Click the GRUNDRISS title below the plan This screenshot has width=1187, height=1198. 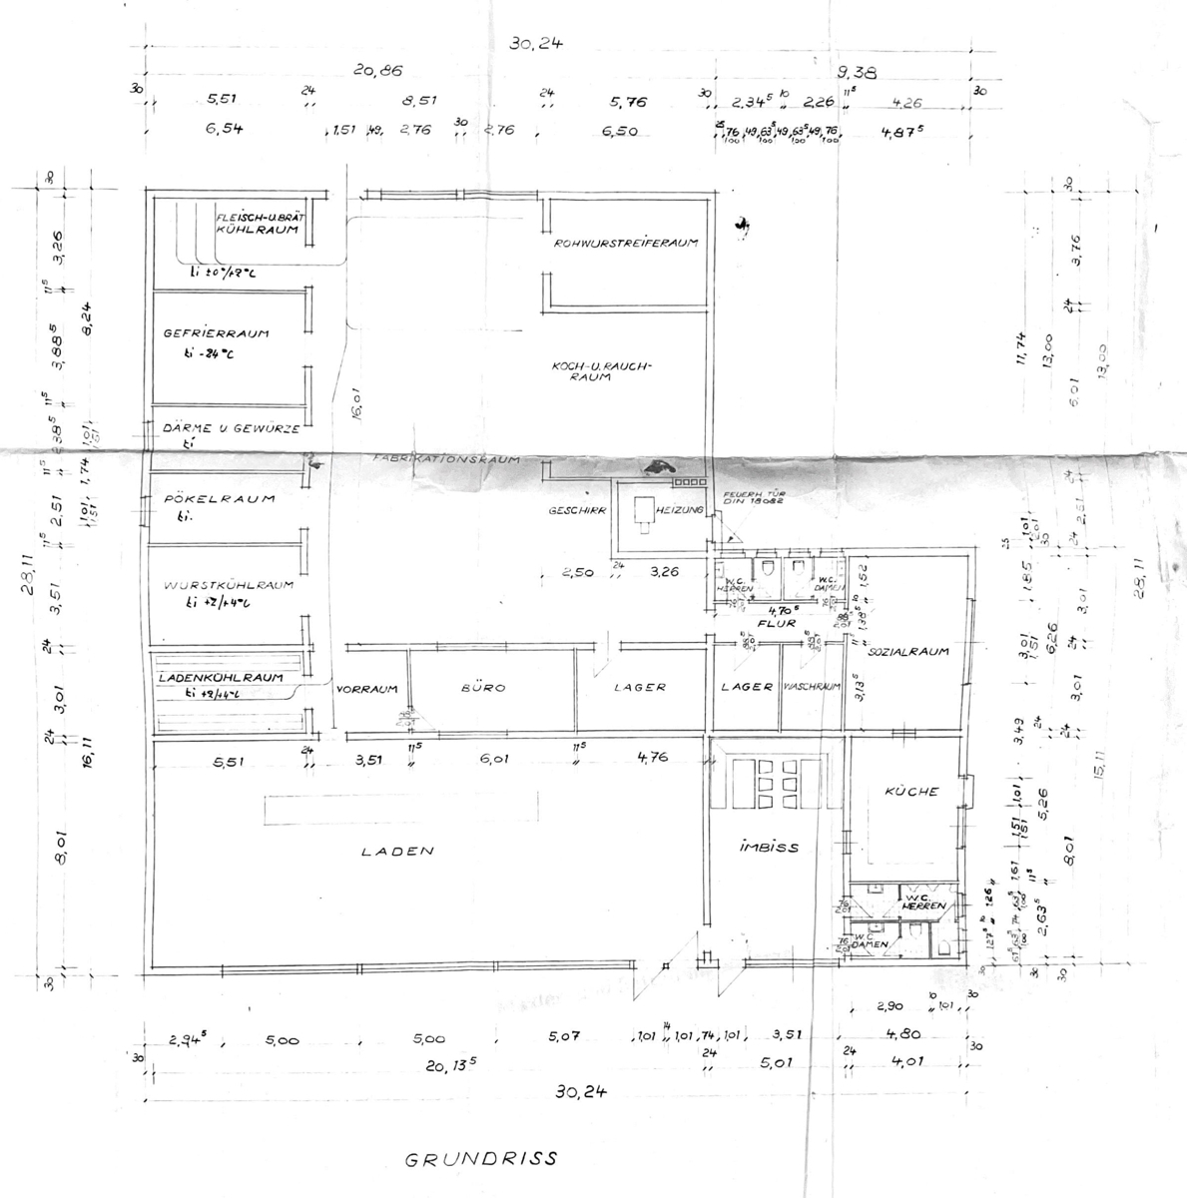coord(480,1160)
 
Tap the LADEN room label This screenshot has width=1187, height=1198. coord(398,852)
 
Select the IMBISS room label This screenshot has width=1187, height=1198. coord(768,847)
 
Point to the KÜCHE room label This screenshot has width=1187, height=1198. coord(911,792)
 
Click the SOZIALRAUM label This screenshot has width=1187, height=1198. coord(907,652)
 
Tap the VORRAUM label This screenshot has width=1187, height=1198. coord(367,689)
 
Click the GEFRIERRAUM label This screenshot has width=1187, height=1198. coord(217,333)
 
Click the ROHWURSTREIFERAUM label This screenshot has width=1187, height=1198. coord(625,243)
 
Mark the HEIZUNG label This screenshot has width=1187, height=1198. coord(680,510)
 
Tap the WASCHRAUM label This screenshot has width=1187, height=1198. coord(812,687)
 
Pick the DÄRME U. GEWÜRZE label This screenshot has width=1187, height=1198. coord(231,428)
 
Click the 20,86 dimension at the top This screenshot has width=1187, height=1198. coord(378,70)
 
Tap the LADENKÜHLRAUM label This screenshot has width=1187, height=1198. coord(221,677)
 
